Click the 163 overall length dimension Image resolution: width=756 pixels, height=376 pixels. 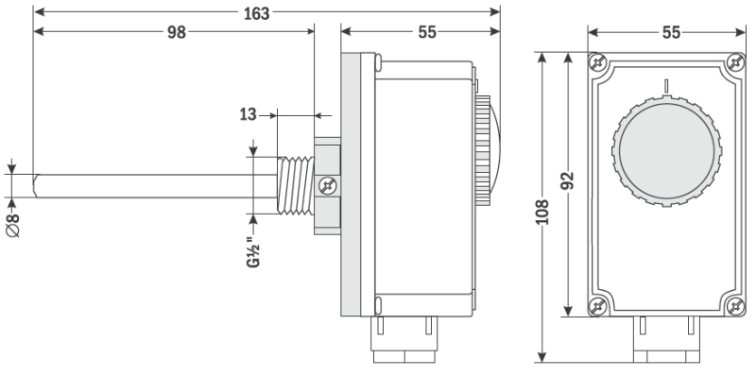(256, 13)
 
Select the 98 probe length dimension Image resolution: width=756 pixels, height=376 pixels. (177, 32)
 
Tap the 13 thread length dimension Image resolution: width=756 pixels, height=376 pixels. (248, 115)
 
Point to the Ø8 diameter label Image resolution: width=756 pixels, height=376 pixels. (13, 225)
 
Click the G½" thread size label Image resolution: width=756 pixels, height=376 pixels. (253, 252)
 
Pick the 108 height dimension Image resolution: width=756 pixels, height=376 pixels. (542, 212)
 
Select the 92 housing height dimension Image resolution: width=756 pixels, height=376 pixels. (569, 180)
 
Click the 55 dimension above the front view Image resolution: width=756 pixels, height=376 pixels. (671, 32)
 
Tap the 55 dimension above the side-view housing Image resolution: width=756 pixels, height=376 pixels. (427, 32)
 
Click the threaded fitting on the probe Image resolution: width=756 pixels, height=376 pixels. (296, 185)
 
